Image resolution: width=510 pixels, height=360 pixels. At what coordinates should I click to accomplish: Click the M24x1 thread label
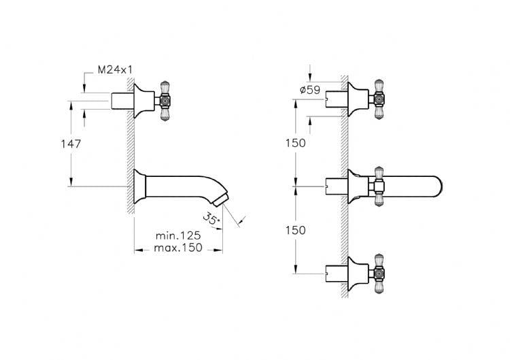coord(115,69)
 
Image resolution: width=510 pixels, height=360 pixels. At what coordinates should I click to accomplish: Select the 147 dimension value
coord(71,144)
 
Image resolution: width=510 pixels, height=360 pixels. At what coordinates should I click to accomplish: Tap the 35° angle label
coord(211,218)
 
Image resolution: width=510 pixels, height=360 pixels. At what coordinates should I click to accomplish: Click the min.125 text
coord(178,235)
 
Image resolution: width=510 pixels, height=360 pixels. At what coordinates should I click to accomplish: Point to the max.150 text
coord(178,248)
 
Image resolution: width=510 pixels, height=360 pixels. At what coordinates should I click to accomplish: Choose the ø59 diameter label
coord(310,90)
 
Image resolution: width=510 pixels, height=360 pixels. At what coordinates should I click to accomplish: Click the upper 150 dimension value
coord(296,143)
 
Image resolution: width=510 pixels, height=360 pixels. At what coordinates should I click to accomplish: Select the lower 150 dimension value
coord(296,230)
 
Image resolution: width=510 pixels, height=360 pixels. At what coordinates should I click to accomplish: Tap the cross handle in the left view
coord(165,101)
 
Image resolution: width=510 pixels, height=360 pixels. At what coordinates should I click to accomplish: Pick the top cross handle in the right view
coord(378,99)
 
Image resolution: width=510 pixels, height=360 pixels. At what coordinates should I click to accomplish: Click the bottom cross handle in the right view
coord(378,274)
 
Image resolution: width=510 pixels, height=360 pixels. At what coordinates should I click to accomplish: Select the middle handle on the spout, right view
coord(379,186)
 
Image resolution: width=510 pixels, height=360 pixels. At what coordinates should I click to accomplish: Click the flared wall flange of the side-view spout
coord(140,186)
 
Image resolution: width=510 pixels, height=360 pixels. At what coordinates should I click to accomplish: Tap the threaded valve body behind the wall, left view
coord(122,101)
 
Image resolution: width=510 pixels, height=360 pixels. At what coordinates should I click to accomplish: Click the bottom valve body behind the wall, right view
coord(337,274)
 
